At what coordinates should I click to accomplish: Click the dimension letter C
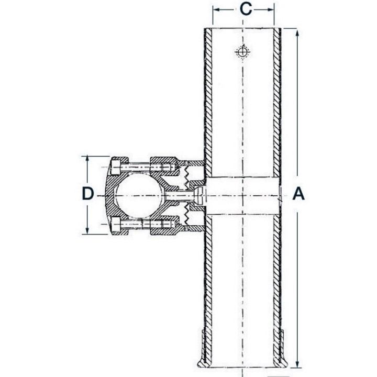pyautogui.click(x=246, y=9)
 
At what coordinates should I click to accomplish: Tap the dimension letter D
pyautogui.click(x=87, y=194)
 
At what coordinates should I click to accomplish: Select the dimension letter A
pyautogui.click(x=298, y=194)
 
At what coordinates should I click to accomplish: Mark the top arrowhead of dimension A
pyautogui.click(x=297, y=34)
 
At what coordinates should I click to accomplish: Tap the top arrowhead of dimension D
pyautogui.click(x=87, y=160)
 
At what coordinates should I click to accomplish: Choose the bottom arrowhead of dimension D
pyautogui.click(x=87, y=230)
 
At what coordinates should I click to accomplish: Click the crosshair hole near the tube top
pyautogui.click(x=242, y=51)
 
